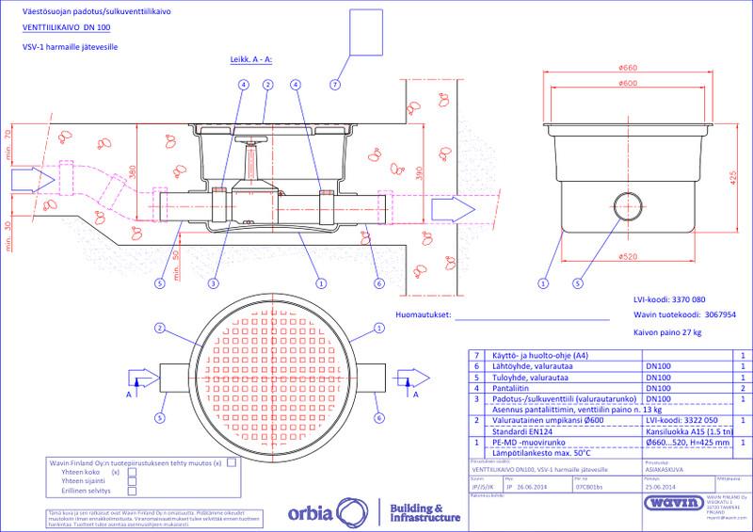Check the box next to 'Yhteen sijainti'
coord(132,480)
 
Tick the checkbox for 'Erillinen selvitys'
coord(132,491)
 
